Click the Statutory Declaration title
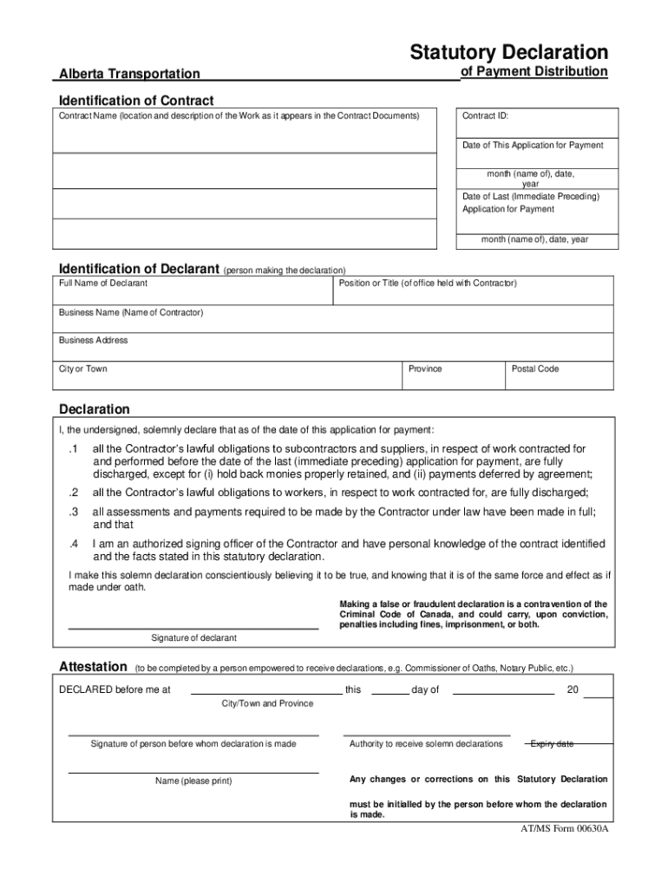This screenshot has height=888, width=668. tap(509, 52)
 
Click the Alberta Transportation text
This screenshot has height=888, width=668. tap(129, 75)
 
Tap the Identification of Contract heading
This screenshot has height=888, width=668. tap(135, 101)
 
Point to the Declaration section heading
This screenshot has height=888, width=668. tap(95, 409)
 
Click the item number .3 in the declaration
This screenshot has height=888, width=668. tap(74, 512)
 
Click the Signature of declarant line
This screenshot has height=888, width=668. tap(193, 626)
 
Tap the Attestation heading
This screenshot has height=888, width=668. tap(92, 667)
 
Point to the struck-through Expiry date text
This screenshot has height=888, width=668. tap(552, 744)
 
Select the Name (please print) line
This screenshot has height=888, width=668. tap(193, 771)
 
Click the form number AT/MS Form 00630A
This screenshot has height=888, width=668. tap(559, 828)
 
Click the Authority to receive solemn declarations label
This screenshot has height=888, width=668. tap(426, 744)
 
